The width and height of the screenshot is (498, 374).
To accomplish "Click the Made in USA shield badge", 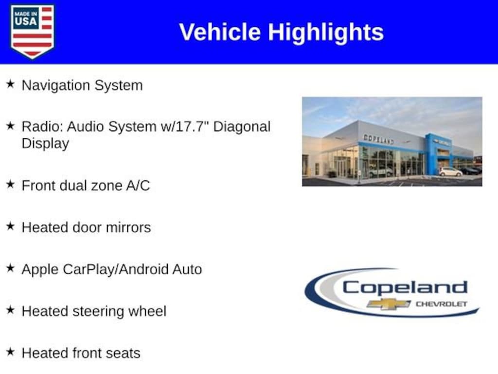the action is tap(32, 31).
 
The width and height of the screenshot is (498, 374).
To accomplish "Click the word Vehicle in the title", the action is tap(220, 32).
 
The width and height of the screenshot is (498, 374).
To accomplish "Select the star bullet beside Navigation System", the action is tap(10, 84).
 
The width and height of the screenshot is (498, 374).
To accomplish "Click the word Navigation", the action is tap(56, 86).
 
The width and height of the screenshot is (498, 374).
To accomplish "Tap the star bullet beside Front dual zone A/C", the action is tap(10, 185).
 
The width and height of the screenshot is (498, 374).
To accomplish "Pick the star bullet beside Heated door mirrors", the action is tap(10, 226).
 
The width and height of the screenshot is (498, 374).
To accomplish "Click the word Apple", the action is tap(40, 270).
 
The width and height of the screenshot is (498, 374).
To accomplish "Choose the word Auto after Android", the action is tap(187, 269).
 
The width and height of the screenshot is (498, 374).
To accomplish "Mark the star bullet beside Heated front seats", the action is tap(10, 352).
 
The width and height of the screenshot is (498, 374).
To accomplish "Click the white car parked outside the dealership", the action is tap(450, 172).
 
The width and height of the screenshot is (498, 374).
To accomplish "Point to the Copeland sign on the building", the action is tap(378, 139).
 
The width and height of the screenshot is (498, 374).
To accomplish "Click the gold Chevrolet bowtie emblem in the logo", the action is tap(389, 304).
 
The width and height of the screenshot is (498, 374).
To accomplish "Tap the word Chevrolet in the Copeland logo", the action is tap(442, 304).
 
